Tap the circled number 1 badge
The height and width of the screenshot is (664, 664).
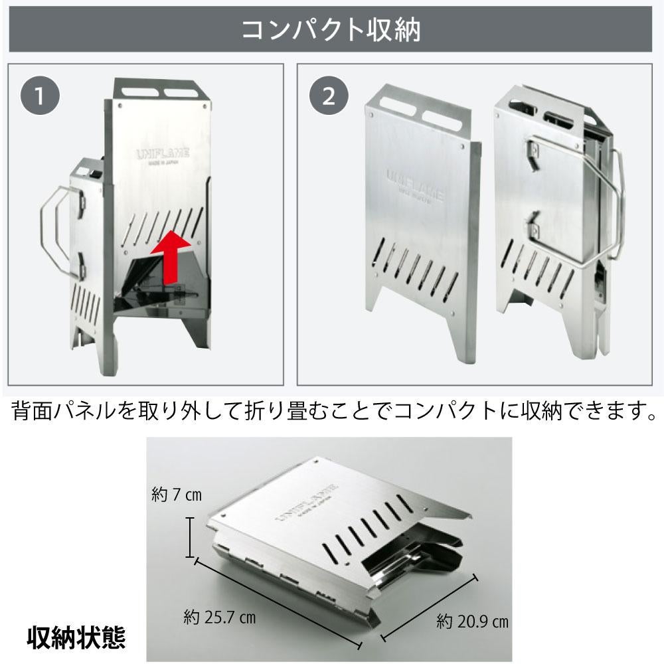[x=41, y=97]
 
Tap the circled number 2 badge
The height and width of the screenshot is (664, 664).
[x=329, y=97]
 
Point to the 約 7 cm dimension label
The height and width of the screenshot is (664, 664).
[x=176, y=495]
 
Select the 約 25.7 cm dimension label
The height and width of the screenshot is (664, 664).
[x=219, y=617]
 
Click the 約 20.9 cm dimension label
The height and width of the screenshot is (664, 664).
[x=472, y=622]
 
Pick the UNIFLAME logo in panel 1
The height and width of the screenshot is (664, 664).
[x=162, y=153]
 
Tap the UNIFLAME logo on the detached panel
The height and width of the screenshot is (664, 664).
[x=415, y=180]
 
